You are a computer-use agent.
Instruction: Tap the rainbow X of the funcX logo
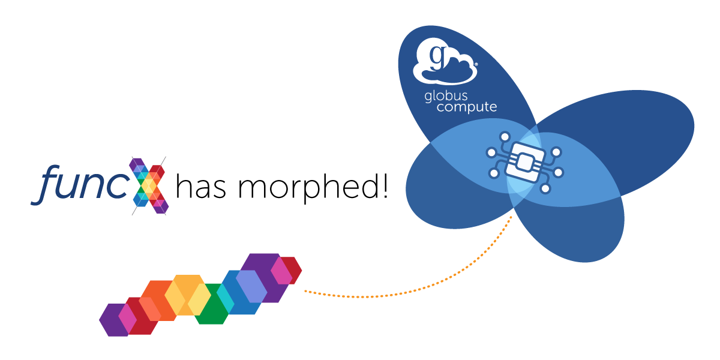tap(149, 185)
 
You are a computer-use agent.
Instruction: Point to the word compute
tap(467, 107)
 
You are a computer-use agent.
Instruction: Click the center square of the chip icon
tap(524, 161)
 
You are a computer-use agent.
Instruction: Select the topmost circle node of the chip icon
tap(505, 136)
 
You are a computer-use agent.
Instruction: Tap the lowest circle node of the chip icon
tap(545, 189)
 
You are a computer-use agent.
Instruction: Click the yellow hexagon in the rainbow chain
tap(187, 295)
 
